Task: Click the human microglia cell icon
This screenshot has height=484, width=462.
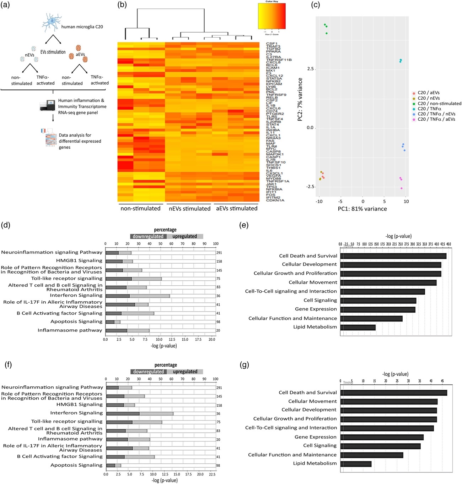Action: (52, 22)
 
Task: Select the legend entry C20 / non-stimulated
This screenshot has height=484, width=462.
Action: (439, 104)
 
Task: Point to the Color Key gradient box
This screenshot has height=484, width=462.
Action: (272, 16)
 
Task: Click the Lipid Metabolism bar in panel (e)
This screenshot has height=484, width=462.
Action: (358, 327)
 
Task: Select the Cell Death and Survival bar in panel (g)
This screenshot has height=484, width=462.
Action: (393, 393)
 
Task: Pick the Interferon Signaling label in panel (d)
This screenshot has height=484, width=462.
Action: (76, 295)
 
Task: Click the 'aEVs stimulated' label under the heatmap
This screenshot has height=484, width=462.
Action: (237, 209)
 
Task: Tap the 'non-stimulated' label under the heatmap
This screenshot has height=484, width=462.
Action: (140, 209)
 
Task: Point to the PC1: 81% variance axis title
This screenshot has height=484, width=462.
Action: (362, 209)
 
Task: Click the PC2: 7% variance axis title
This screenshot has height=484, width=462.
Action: (300, 100)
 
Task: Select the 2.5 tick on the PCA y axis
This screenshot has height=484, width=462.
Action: (310, 69)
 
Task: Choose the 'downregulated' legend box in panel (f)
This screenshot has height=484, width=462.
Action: (149, 372)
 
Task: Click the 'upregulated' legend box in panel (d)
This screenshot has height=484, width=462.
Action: (185, 236)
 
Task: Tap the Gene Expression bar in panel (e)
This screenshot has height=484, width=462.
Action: (377, 309)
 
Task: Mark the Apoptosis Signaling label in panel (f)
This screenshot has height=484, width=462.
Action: (76, 465)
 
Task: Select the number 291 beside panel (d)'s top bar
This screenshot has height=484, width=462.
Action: (219, 253)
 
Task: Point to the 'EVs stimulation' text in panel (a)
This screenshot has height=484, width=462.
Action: (53, 52)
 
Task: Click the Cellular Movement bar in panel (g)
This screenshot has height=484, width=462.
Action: (389, 402)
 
